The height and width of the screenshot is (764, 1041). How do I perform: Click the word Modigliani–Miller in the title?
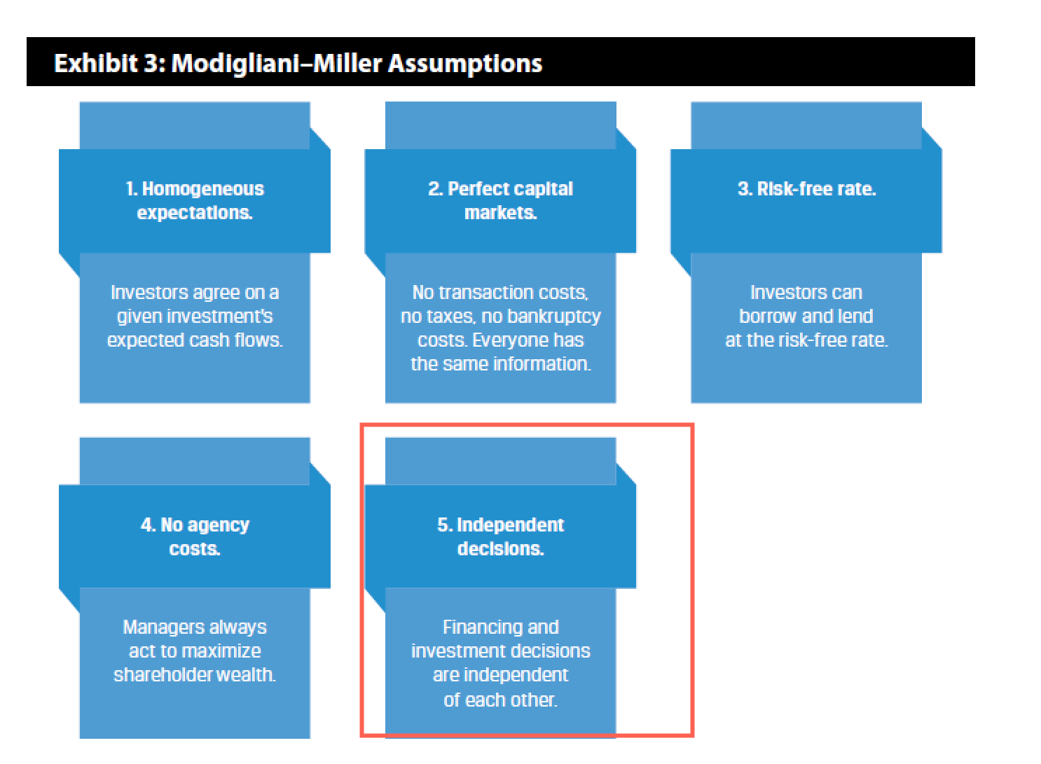pyautogui.click(x=277, y=64)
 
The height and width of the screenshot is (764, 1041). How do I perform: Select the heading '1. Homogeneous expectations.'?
pyautogui.click(x=195, y=201)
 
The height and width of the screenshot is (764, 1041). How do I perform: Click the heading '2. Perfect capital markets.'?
pyautogui.click(x=500, y=201)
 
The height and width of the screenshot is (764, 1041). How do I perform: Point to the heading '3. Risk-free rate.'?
pyautogui.click(x=807, y=189)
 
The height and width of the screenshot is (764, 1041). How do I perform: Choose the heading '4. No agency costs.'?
pyautogui.click(x=195, y=536)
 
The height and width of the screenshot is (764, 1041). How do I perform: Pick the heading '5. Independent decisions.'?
pyautogui.click(x=500, y=536)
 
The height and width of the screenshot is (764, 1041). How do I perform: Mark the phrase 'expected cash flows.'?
pyautogui.click(x=195, y=341)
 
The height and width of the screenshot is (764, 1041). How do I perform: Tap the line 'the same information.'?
pyautogui.click(x=501, y=364)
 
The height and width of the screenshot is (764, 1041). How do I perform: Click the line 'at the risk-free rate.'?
pyautogui.click(x=807, y=340)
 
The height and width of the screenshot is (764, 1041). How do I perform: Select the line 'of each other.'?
pyautogui.click(x=500, y=700)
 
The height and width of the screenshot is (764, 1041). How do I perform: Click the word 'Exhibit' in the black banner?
pyautogui.click(x=96, y=63)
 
